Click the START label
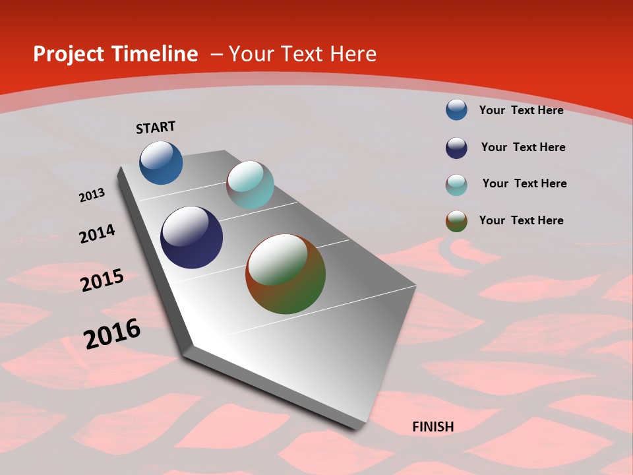click(x=156, y=127)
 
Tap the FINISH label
click(x=433, y=427)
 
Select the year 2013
click(x=92, y=195)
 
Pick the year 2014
click(x=97, y=234)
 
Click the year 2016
click(x=112, y=333)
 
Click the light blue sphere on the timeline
click(x=161, y=162)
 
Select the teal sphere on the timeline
click(x=250, y=185)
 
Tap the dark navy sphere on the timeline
click(x=192, y=237)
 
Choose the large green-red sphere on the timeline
click(x=286, y=274)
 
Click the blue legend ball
click(x=456, y=110)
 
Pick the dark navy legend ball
click(x=456, y=148)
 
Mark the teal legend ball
click(x=456, y=185)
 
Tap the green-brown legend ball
click(x=456, y=221)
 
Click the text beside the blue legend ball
click(x=521, y=110)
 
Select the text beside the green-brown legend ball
click(x=521, y=220)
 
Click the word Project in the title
click(x=69, y=54)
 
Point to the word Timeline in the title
click(x=156, y=53)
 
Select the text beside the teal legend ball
click(x=524, y=183)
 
